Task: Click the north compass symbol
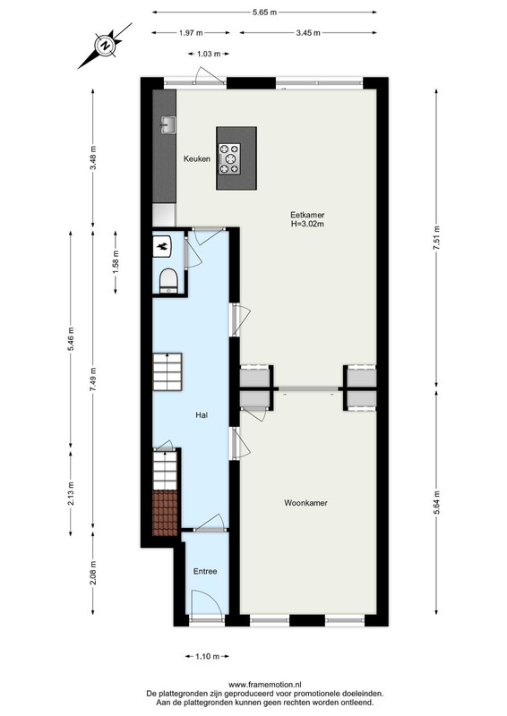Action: [106, 46]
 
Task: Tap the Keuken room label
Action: [197, 159]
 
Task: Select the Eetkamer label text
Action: [307, 215]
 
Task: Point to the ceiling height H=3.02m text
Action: [307, 225]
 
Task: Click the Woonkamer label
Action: [305, 503]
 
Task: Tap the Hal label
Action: [202, 415]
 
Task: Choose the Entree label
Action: [205, 571]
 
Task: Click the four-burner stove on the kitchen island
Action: [229, 159]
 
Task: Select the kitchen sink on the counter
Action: [168, 124]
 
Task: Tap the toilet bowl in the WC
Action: [168, 280]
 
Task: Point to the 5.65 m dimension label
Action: [265, 13]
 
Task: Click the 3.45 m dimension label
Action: [308, 33]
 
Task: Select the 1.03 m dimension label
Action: [209, 54]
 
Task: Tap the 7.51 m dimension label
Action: [436, 237]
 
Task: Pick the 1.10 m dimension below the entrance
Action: [207, 657]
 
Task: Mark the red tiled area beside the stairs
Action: [165, 513]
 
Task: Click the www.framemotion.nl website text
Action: [265, 685]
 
